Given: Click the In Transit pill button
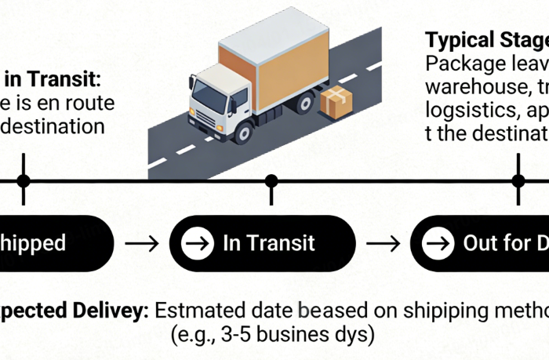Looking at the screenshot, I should click(263, 243).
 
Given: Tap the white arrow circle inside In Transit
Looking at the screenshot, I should click(197, 243).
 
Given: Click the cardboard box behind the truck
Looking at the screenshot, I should click(337, 103).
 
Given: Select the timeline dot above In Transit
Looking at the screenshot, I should click(271, 181).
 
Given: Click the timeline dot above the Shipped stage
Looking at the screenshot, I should click(24, 181).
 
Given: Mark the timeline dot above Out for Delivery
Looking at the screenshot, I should click(518, 181).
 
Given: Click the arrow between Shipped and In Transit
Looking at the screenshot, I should click(141, 243).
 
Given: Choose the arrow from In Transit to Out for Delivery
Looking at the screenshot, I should click(384, 243).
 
